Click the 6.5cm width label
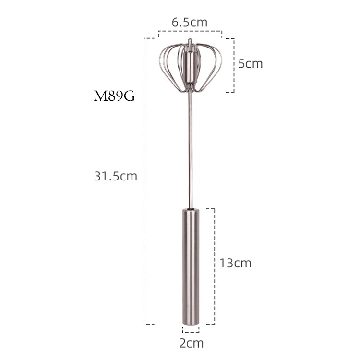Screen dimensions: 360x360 click(190, 22)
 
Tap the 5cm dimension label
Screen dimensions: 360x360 click(250, 63)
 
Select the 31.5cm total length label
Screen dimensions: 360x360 click(116, 176)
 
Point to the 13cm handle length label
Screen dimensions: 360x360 click(235, 263)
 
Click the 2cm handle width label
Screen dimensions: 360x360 click(191, 343)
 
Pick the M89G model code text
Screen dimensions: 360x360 click(114, 96)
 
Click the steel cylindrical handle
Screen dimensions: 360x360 click(191, 266)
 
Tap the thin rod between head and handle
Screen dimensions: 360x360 click(191, 149)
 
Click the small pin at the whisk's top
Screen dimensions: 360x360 click(190, 42)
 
